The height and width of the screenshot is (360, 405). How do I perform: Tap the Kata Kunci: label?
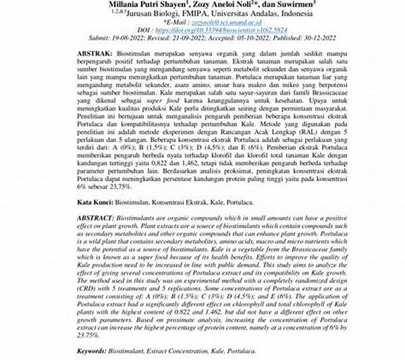pyautogui.click(x=94, y=202)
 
